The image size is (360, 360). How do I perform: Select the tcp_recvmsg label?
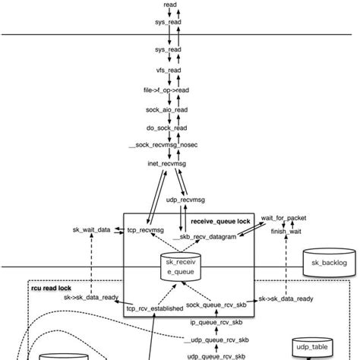(x=145, y=229)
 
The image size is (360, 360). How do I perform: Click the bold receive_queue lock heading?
(x=220, y=221)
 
